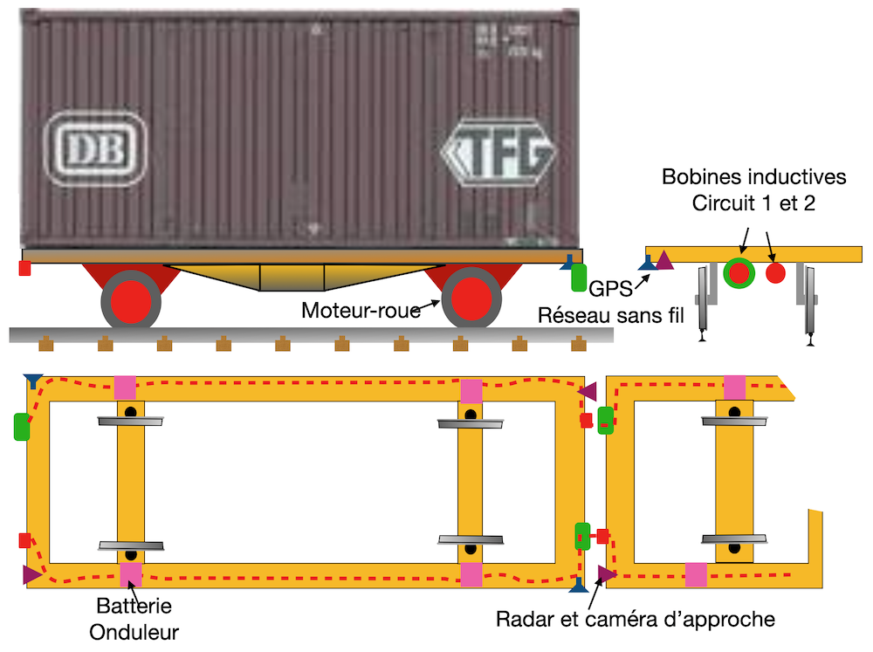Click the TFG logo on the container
(499, 154)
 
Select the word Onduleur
(134, 629)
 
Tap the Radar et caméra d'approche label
(636, 620)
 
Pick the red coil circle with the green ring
(739, 273)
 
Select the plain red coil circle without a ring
(775, 273)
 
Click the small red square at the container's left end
(24, 268)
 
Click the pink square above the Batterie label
(131, 574)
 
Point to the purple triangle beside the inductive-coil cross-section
(665, 260)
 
